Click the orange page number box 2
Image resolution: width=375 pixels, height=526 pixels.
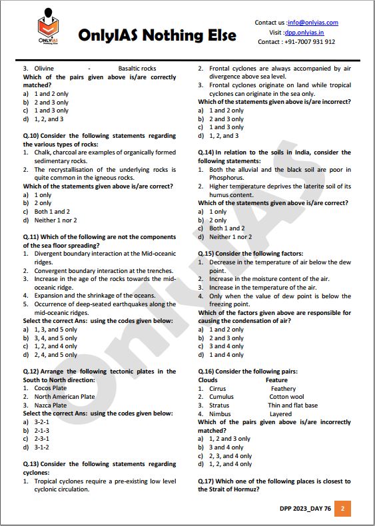click(342, 509)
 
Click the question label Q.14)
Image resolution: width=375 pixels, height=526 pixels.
click(208, 152)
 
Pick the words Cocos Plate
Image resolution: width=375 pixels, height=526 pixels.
click(51, 388)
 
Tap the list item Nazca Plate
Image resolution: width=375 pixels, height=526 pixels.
click(51, 405)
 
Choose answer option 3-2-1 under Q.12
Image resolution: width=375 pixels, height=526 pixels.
click(41, 422)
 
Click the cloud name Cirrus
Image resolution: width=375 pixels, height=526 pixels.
click(217, 389)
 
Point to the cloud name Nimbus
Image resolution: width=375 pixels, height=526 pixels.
click(220, 414)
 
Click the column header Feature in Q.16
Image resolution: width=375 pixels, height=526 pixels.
click(276, 380)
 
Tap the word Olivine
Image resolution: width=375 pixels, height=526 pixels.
click(44, 69)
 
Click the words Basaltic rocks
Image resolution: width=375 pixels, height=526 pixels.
click(137, 69)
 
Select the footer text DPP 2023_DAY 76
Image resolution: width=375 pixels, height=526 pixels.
click(305, 509)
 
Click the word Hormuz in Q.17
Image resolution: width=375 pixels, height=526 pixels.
click(244, 489)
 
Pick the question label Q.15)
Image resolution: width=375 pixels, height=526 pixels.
click(208, 254)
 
